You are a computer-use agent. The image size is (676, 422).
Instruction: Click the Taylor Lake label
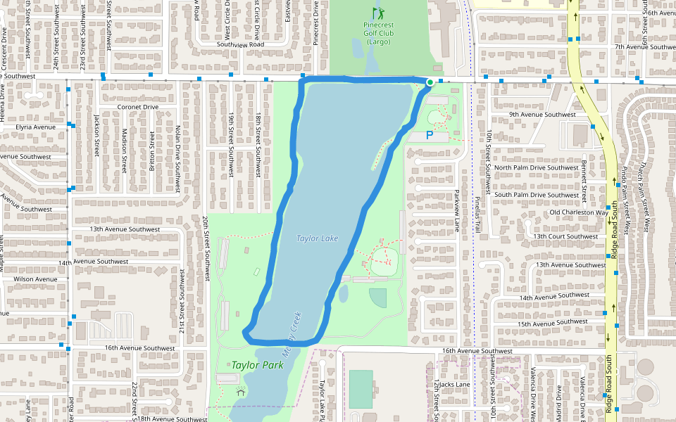coord(317,238)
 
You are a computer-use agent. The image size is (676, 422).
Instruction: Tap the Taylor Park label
coord(257,365)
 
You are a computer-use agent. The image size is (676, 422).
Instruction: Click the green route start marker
coord(430,83)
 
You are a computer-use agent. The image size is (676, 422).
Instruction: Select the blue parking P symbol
coord(430,134)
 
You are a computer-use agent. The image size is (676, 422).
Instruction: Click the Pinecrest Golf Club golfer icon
coord(378,13)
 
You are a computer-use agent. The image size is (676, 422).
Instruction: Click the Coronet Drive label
coord(137,107)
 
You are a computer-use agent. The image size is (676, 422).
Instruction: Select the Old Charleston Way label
coord(579,212)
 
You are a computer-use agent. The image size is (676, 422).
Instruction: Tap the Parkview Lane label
coord(456,210)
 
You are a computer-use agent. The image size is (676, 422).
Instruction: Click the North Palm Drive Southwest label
coord(536,167)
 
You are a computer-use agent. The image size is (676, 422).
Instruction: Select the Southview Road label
coord(240,44)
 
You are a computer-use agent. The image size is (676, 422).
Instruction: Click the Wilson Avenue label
coord(35,279)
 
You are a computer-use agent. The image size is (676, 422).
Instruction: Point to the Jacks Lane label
coord(453,385)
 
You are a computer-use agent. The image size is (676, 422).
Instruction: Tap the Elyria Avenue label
coord(35,127)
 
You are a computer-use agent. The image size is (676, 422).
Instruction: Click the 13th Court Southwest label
coord(565,236)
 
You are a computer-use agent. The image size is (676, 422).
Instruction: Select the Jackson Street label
coord(96,135)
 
